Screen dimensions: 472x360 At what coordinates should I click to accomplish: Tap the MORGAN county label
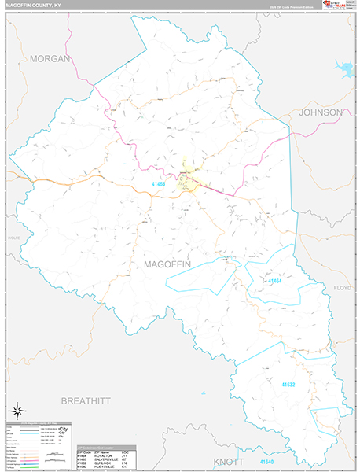tap(50, 59)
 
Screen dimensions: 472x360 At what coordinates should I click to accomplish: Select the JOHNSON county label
tap(321, 112)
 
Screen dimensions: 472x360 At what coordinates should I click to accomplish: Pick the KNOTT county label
tap(229, 462)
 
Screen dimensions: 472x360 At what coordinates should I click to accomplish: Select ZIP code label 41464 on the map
tap(274, 281)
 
